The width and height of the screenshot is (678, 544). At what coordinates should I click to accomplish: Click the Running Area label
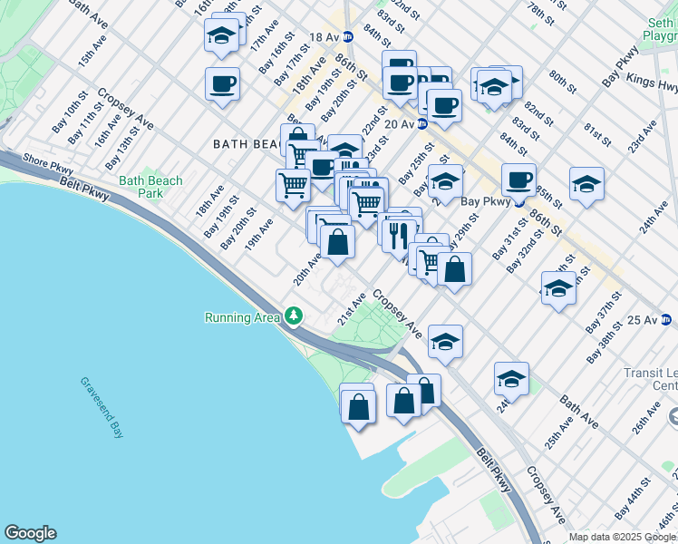pos(243,317)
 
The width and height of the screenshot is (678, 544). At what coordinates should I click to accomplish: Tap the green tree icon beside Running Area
pos(293,316)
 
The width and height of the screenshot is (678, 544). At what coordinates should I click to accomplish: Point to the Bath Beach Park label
pos(150,187)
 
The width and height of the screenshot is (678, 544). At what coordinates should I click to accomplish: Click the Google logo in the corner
pos(30,533)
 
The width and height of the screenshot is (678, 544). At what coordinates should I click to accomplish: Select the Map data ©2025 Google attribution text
pos(622,537)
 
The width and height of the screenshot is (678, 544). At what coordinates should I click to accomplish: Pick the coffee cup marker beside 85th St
pos(518,180)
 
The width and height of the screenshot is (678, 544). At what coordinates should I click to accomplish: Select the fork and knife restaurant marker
pos(397,234)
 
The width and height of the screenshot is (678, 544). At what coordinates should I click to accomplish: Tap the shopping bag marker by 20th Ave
pos(337,243)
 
